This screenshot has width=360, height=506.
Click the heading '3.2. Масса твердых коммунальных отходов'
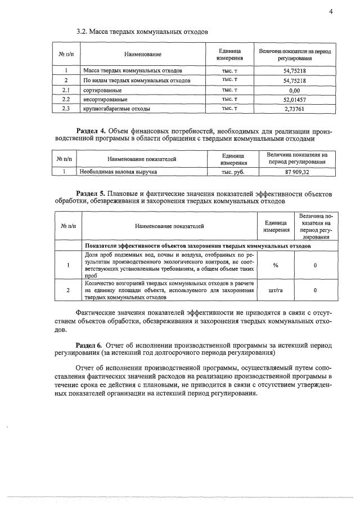[142, 32]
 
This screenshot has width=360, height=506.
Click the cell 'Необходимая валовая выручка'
[118, 171]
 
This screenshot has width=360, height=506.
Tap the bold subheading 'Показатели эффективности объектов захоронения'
[197, 246]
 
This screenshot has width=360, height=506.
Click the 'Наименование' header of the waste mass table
[143, 54]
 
